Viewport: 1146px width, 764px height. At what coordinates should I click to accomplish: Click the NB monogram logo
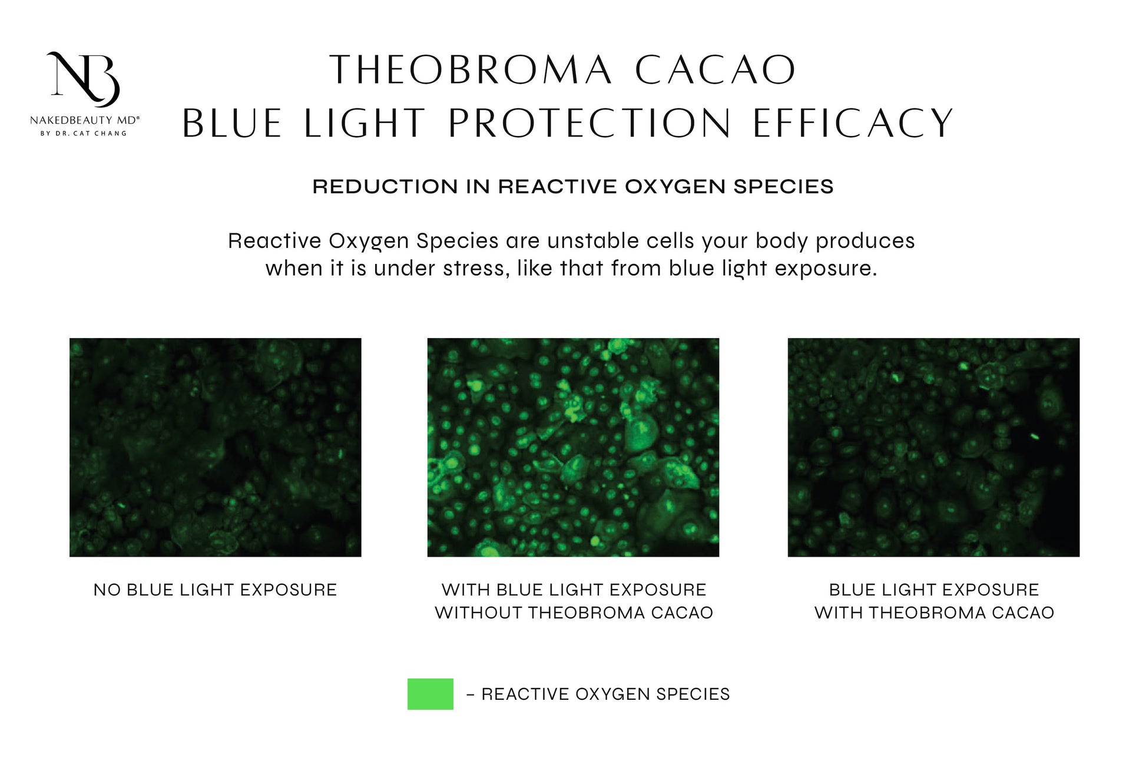click(84, 79)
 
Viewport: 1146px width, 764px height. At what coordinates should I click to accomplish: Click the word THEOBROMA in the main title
click(471, 70)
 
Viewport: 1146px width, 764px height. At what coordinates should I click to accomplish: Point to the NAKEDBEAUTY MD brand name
click(85, 120)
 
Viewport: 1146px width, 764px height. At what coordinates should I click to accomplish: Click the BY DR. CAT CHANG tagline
click(84, 134)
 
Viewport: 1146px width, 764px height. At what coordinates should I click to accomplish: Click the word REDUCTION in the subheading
click(385, 187)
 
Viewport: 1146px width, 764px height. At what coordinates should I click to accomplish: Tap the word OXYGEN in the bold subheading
click(675, 187)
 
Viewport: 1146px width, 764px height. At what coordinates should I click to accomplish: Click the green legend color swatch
click(430, 694)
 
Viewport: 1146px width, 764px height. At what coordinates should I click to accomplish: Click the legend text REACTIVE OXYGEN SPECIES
click(605, 694)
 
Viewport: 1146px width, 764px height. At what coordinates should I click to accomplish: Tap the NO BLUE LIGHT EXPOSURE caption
click(215, 590)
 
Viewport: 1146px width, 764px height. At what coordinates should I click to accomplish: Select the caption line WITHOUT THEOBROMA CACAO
click(574, 613)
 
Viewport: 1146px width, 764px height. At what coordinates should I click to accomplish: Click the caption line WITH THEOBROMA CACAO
click(934, 613)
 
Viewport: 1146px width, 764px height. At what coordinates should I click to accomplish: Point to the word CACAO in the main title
click(716, 70)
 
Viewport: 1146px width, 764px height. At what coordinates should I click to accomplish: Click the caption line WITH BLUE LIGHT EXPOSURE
click(574, 590)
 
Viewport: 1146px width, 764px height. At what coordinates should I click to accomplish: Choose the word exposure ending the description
click(826, 269)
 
